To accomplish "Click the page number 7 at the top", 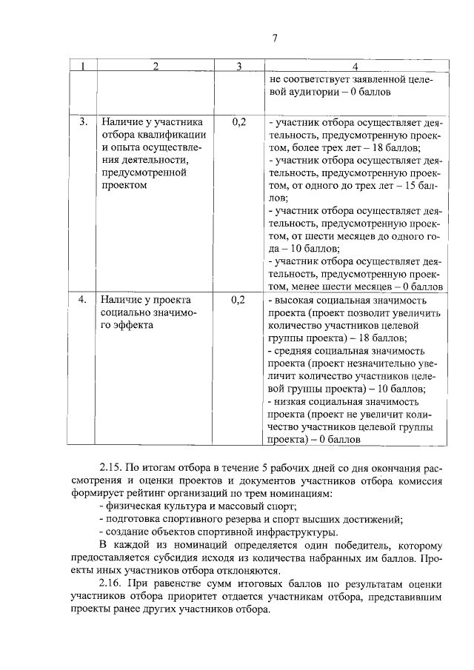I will (273, 39).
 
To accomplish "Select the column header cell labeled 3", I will (239, 67).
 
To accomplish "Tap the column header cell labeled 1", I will (83, 67).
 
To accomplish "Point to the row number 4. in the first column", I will (84, 300).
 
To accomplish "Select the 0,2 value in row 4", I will (238, 300).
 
